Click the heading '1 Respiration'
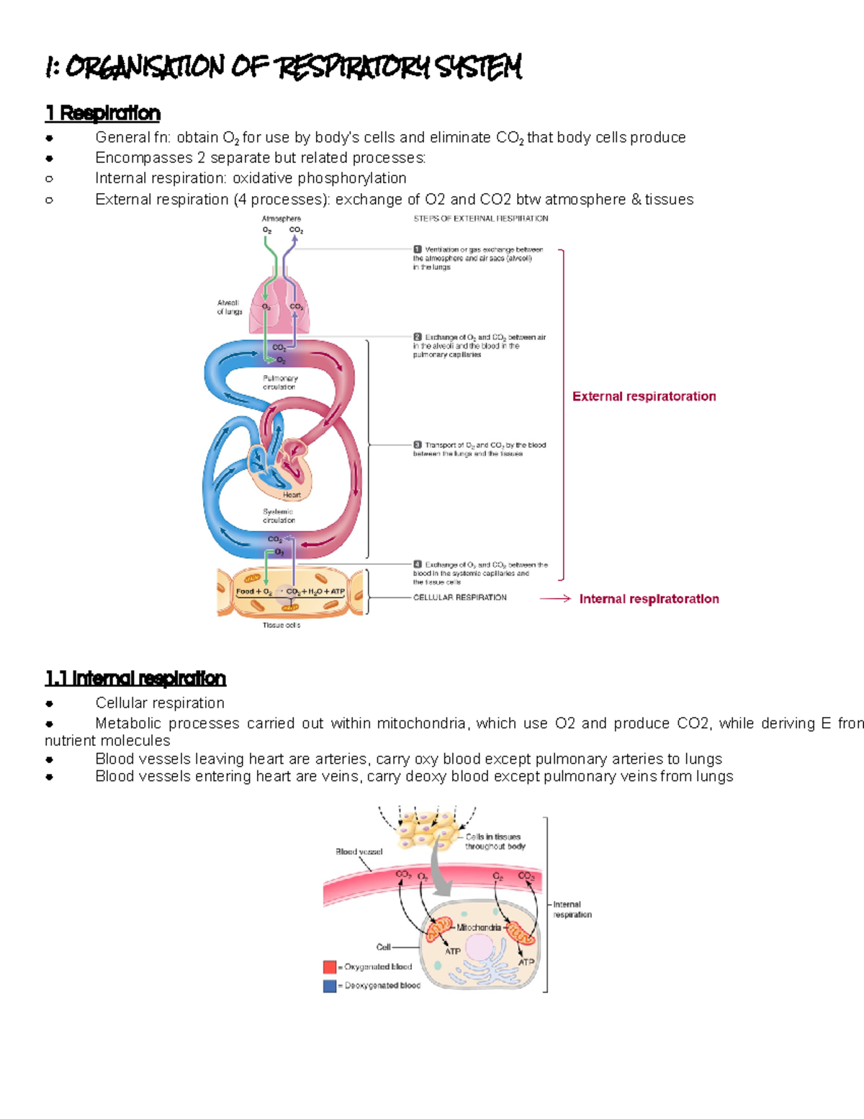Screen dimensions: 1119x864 (x=102, y=113)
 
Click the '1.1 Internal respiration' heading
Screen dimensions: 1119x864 (x=135, y=678)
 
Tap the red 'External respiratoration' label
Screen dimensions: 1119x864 (x=644, y=396)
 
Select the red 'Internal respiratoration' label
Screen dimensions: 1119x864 (x=649, y=599)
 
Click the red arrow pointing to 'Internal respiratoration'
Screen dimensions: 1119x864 (x=555, y=598)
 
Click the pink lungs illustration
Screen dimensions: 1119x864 (x=280, y=306)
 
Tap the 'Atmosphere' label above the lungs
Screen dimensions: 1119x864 (x=281, y=218)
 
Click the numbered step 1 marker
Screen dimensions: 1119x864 (x=418, y=249)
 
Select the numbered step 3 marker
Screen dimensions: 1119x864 (x=418, y=445)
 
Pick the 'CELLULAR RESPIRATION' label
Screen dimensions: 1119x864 (x=459, y=597)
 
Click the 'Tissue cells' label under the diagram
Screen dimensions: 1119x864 (x=281, y=625)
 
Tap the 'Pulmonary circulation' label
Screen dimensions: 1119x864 (x=280, y=382)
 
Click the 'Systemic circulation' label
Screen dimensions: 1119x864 (x=279, y=515)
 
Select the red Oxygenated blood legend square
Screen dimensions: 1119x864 (x=330, y=966)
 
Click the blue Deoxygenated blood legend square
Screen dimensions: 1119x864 (x=330, y=985)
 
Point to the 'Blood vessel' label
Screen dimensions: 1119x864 (x=359, y=852)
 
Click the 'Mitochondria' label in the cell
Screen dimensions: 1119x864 (x=479, y=927)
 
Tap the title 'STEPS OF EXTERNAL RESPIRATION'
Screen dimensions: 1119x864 (x=480, y=218)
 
